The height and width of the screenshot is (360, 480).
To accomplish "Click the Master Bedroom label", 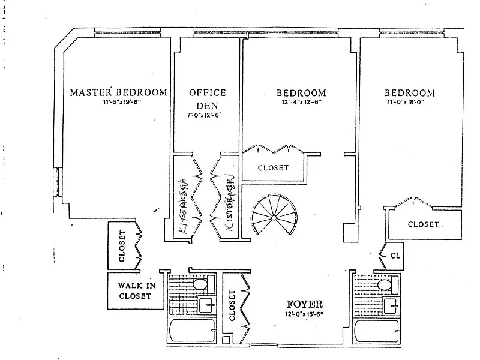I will click(x=118, y=92).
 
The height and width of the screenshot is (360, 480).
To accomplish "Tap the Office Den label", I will click(x=208, y=98).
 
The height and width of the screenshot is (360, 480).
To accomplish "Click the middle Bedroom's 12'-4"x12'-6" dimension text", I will click(x=301, y=102).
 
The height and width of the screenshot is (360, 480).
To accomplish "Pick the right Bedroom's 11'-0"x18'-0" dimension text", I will click(x=409, y=102).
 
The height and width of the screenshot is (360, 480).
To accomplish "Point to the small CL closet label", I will click(x=394, y=255).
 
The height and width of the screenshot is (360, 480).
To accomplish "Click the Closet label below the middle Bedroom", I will click(x=273, y=168).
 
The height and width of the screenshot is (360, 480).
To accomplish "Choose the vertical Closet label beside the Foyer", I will click(x=232, y=306).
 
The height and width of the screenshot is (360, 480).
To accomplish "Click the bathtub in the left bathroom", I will click(x=192, y=332).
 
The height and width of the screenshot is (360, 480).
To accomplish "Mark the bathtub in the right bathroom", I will click(x=377, y=332).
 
